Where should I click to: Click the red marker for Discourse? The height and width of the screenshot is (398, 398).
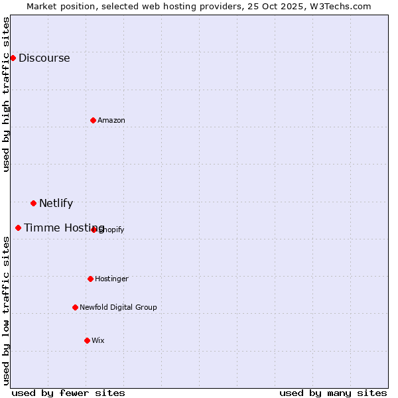point(13,58)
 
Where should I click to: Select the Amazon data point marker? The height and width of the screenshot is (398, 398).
point(93,120)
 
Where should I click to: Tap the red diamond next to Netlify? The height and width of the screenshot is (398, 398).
point(33,203)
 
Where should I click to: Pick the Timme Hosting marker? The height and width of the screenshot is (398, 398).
point(18,228)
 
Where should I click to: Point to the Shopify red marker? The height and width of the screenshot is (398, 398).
point(94,230)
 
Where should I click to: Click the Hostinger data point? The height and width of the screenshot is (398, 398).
point(90,279)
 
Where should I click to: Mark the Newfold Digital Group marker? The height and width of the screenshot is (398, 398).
point(75,307)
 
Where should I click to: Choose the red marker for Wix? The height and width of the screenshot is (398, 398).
point(87,340)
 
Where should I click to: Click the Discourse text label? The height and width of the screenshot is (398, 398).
point(44,58)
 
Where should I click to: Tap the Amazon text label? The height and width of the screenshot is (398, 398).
point(111,120)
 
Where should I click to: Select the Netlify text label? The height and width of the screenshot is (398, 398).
point(56,203)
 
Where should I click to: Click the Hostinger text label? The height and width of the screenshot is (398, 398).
point(111,279)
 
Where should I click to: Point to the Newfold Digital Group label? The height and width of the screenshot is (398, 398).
point(118,307)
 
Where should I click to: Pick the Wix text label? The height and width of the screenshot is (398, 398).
point(98,340)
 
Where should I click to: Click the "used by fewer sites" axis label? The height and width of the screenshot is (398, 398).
point(68,393)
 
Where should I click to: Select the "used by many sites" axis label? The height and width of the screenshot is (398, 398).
point(333,393)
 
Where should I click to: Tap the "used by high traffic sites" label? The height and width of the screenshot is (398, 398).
point(6,94)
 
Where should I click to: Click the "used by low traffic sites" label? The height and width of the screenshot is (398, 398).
point(6,310)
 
